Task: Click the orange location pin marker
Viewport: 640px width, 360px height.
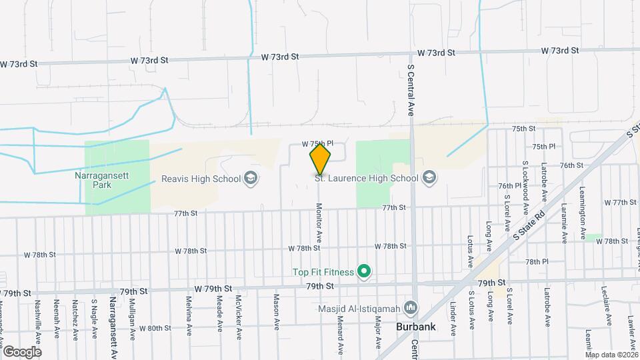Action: coord(320,159)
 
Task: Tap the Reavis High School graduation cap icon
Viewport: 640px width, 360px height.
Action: coord(251,178)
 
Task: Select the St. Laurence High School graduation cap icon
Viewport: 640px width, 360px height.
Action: coord(429,177)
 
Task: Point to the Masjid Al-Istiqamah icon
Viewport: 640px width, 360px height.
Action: coord(411,308)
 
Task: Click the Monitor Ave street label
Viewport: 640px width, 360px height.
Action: coord(319,223)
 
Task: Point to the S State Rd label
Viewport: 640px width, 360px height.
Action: coord(524,224)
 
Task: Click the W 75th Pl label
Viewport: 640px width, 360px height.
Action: coord(317,143)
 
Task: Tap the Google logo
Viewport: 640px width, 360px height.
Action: coord(22,351)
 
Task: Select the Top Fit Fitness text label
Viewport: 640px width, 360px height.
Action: coord(321,271)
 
